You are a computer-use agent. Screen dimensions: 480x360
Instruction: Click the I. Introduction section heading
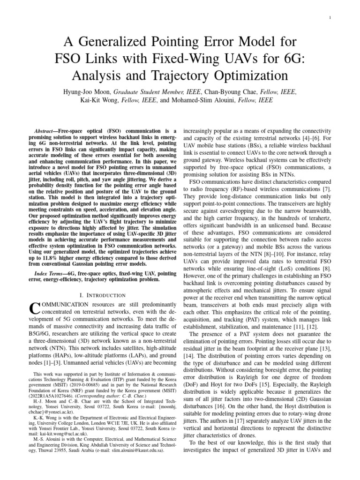point(103,295)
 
